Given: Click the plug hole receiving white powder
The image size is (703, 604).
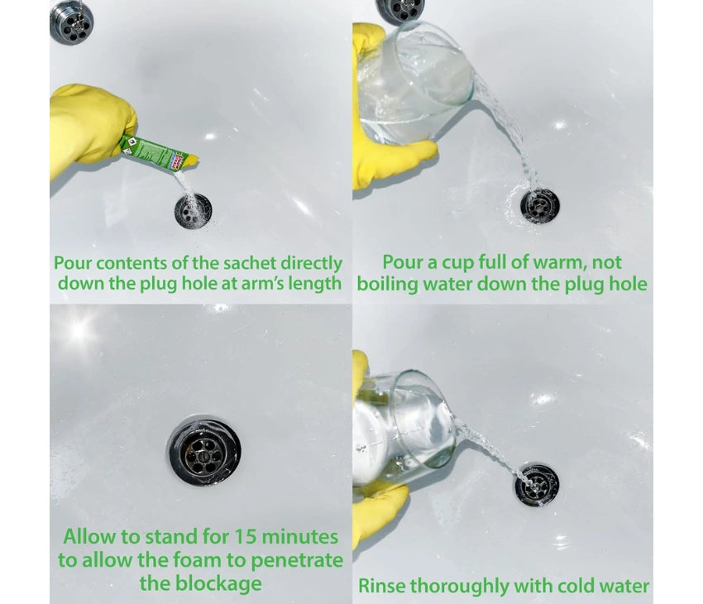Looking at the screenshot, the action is point(194,211).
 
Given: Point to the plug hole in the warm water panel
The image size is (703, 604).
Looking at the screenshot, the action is point(540,207).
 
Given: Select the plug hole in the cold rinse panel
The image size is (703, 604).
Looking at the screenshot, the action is point(536,485).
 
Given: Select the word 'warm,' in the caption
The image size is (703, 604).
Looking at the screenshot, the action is point(560,263).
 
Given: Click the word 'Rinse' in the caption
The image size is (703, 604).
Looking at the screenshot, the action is point(382,586).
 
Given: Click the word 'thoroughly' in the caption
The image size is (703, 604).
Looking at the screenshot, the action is point(461,587).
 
